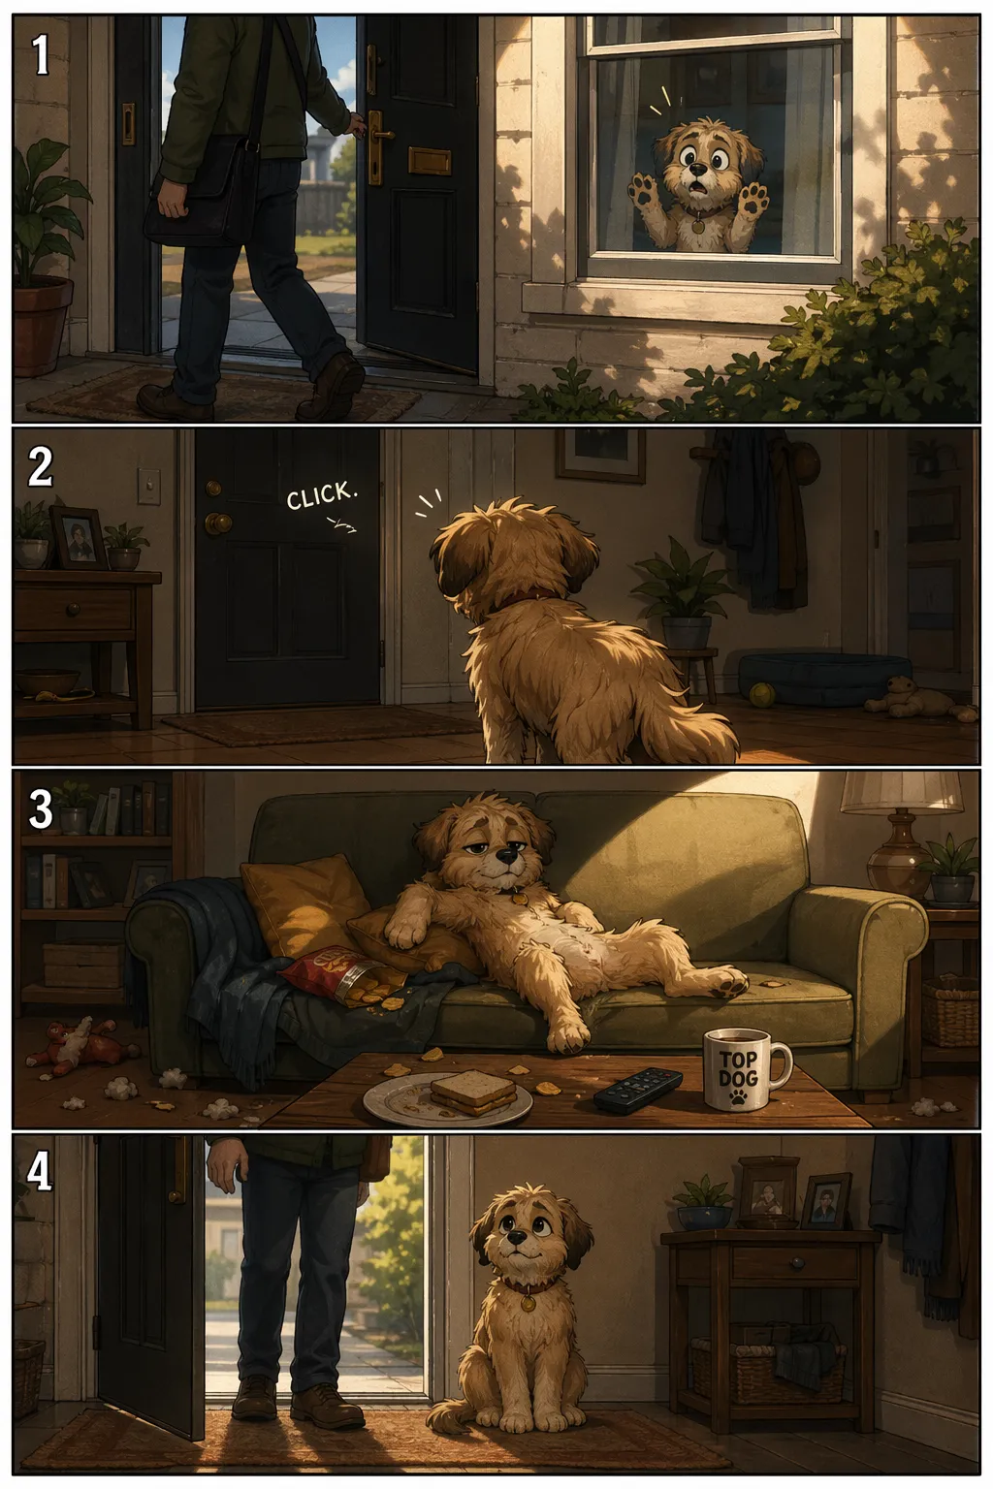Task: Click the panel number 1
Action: [41, 54]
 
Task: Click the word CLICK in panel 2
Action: [322, 496]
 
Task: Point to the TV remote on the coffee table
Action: [638, 1091]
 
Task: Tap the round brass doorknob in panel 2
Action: [217, 522]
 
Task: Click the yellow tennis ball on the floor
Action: [759, 695]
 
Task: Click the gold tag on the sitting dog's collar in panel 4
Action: [528, 1304]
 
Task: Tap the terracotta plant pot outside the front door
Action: [42, 326]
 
